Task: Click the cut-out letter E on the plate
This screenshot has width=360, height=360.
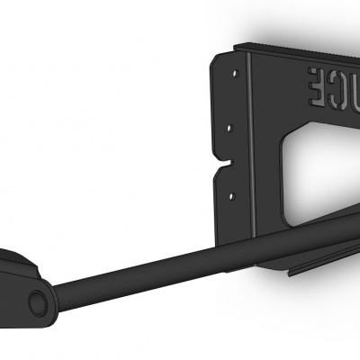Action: click(318, 88)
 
